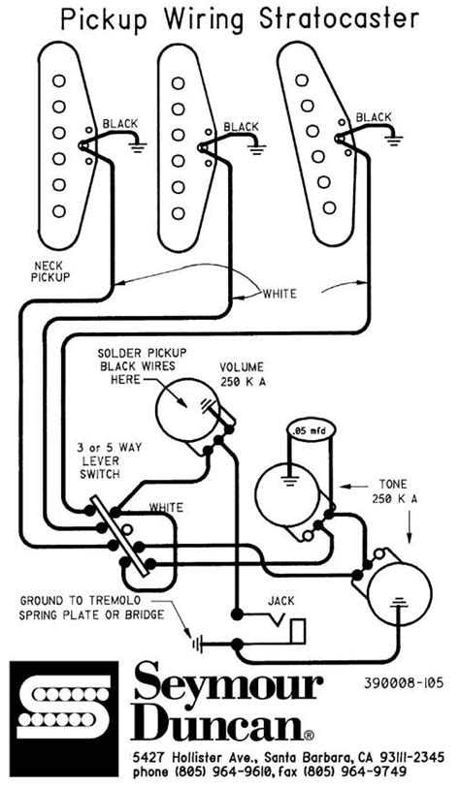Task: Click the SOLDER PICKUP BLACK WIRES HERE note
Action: [x=143, y=365]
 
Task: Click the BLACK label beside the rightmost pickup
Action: [x=375, y=117]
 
